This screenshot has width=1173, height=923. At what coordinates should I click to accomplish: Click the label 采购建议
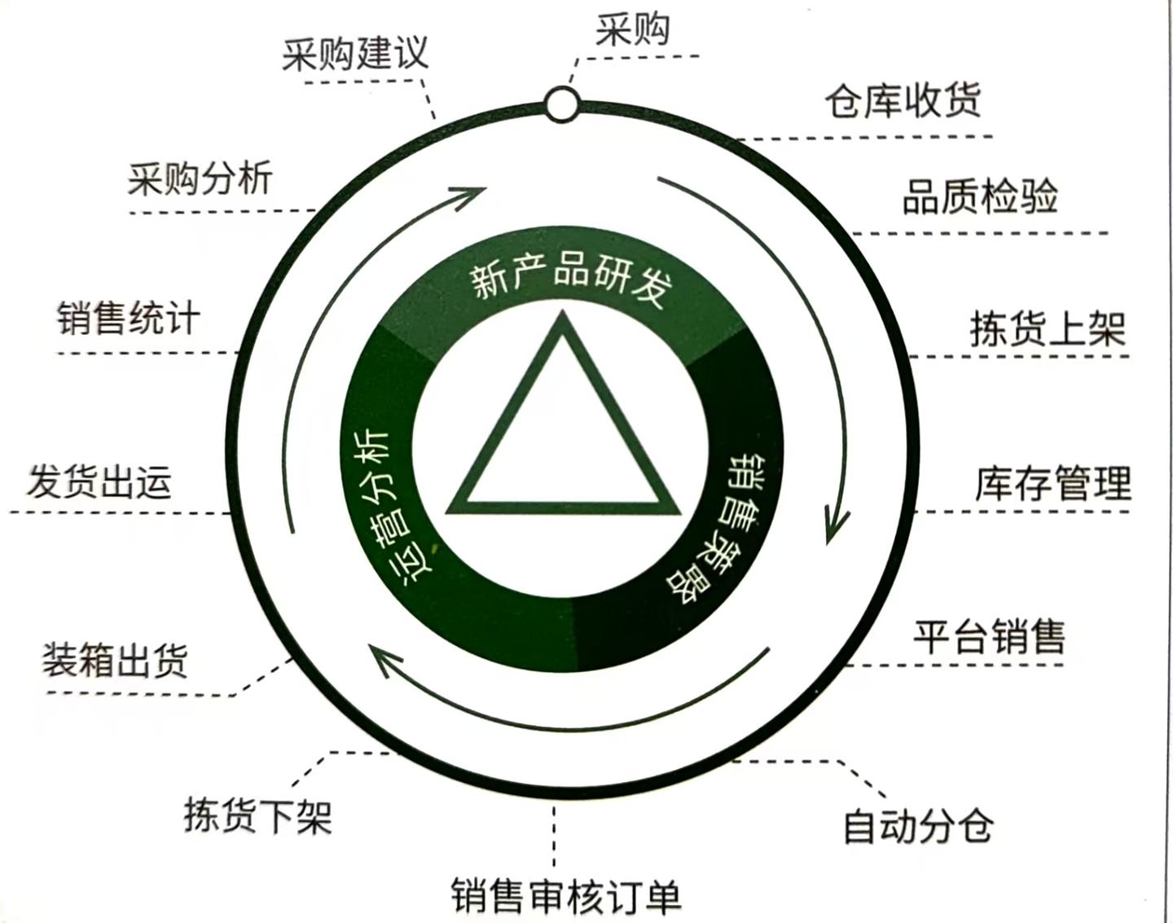355,55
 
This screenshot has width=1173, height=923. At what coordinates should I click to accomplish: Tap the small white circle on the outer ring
562,105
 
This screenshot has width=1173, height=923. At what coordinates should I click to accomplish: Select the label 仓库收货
903,102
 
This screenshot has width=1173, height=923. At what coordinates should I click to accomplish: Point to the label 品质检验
980,198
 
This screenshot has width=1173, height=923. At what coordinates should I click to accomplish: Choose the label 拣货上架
1048,330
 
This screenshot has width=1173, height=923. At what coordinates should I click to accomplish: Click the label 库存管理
1052,482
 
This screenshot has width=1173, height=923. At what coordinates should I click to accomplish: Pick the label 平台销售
988,636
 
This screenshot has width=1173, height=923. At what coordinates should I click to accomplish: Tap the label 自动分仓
917,825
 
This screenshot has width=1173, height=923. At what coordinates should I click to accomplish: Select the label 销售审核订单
566,895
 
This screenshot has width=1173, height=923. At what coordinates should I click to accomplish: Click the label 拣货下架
258,815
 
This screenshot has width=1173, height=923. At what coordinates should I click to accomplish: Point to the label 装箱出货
115,660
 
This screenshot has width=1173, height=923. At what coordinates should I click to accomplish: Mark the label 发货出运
99,481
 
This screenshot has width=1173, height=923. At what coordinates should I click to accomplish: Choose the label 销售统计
128,318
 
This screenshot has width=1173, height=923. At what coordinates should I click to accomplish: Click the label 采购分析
200,178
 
